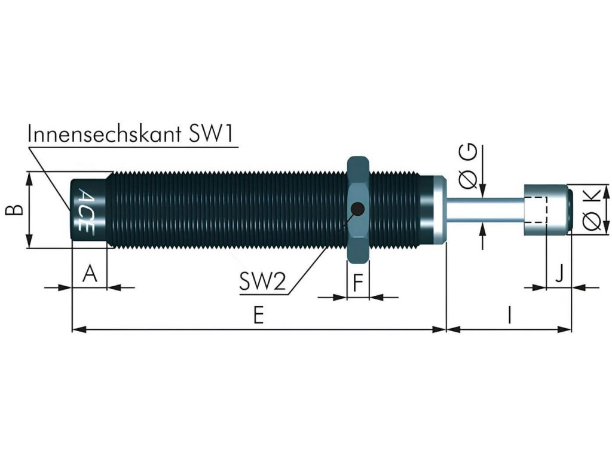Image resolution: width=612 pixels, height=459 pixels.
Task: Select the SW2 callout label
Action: coord(263,281)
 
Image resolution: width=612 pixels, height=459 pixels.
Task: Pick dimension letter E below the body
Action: coord(258,315)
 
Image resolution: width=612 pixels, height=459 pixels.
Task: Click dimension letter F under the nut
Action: coord(358,281)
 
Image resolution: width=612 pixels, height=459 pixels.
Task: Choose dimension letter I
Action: coord(509,314)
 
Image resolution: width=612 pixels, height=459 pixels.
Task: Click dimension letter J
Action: coord(559,274)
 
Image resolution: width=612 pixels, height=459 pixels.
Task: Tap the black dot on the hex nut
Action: coord(357,209)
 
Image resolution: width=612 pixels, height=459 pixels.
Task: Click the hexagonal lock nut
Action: coord(358,185)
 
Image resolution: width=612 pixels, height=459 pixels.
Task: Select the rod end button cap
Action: coord(547,209)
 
